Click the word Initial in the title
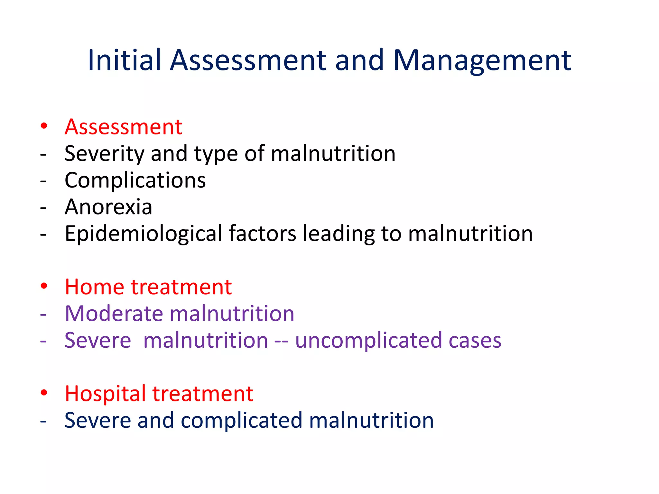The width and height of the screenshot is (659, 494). pos(124,60)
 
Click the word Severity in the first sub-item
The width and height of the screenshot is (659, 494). pos(104,154)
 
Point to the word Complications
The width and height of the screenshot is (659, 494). pos(135,180)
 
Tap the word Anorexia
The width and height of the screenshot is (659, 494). pos(108,207)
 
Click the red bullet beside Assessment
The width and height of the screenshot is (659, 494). pos(44,125)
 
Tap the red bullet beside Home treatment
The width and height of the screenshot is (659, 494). pos(44,285)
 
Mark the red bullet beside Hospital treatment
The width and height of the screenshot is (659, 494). pos(44,392)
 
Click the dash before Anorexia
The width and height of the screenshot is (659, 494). pos(43,208)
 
